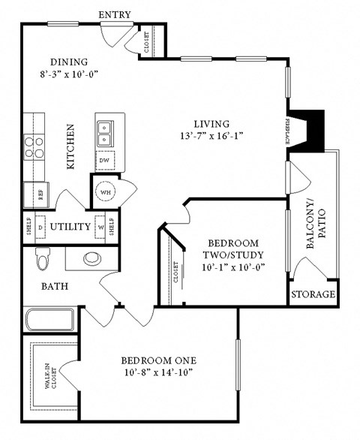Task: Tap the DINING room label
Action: (x=69, y=62)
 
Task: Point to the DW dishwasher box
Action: (x=104, y=161)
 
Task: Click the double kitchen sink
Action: (x=105, y=134)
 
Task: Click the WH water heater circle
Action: (x=104, y=191)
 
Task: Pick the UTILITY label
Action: (x=70, y=226)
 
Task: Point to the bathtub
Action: (x=50, y=320)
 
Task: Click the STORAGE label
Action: (x=313, y=294)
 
